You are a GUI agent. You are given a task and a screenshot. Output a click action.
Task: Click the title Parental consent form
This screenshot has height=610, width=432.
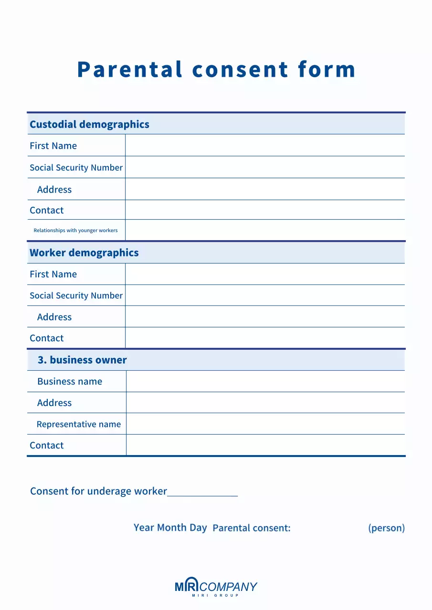[216, 70]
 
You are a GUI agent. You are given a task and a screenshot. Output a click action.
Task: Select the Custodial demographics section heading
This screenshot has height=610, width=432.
[89, 124]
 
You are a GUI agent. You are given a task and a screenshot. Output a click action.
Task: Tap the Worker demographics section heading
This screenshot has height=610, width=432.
[84, 253]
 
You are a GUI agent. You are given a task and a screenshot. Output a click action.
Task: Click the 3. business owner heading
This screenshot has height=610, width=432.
[82, 360]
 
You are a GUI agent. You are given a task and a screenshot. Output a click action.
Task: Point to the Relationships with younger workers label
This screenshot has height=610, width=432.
[75, 230]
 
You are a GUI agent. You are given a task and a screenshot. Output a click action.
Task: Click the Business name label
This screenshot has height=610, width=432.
[70, 381]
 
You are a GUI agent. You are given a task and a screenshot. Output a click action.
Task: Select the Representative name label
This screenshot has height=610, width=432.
[79, 424]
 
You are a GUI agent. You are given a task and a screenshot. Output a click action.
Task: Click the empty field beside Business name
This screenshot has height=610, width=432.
[265, 381]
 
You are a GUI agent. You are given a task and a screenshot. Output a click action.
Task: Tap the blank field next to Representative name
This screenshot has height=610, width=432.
[265, 424]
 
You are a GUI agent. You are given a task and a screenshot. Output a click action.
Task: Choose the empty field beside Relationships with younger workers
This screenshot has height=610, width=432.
[265, 230]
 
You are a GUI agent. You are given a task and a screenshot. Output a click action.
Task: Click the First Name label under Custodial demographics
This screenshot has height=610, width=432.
[53, 146]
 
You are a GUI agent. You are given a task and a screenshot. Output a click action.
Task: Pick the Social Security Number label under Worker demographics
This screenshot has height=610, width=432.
[76, 295]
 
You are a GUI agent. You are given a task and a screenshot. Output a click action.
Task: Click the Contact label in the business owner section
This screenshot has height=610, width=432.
[46, 445]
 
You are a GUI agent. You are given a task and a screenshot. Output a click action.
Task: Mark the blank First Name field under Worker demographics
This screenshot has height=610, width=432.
[265, 274]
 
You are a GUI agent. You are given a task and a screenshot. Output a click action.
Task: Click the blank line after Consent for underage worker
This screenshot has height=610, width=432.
[202, 492]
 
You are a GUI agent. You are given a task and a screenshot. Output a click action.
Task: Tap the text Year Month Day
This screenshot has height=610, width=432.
[170, 528]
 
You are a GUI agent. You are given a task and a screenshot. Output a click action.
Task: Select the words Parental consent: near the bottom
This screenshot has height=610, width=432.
[252, 528]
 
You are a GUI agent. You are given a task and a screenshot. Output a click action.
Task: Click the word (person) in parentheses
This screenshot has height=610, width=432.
[386, 528]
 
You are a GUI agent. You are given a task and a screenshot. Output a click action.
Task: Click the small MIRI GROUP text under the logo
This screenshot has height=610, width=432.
[215, 596]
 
